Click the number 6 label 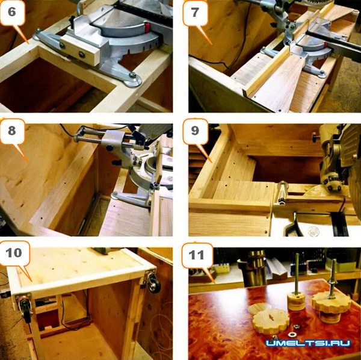click(12, 11)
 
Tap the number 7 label click(195, 12)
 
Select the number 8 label click(12, 131)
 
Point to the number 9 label click(195, 131)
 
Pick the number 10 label click(14, 253)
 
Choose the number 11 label click(196, 255)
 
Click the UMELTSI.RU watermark click(308, 343)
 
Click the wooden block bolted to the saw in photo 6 click(81, 52)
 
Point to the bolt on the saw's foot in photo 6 click(133, 74)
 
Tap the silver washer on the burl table click(293, 335)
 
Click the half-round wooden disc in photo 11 click(260, 308)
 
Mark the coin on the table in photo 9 click(314, 231)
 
